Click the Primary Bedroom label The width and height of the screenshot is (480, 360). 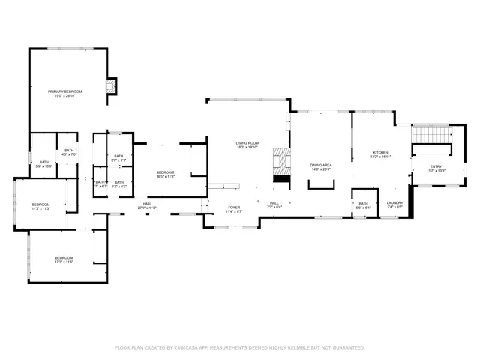click(x=65, y=94)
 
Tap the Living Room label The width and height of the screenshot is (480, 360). click(x=247, y=145)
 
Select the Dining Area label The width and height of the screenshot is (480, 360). click(x=321, y=166)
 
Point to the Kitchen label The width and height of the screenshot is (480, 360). click(x=380, y=155)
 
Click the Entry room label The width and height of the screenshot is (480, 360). click(x=436, y=169)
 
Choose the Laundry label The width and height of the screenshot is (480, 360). click(x=394, y=205)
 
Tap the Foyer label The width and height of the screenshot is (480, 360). click(x=235, y=208)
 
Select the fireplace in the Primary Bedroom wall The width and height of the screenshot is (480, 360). click(x=111, y=87)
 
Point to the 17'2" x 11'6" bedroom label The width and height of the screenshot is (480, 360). click(x=64, y=260)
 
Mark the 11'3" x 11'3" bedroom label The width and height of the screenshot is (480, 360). click(x=40, y=207)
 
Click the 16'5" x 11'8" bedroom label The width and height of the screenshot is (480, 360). click(x=165, y=175)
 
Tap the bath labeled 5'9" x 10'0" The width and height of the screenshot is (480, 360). click(x=44, y=164)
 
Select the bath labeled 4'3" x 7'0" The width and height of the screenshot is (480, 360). click(x=69, y=153)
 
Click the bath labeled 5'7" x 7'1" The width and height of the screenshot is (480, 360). click(x=118, y=158)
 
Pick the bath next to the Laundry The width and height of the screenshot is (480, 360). click(x=364, y=205)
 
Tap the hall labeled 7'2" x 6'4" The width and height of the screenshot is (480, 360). click(x=274, y=205)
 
